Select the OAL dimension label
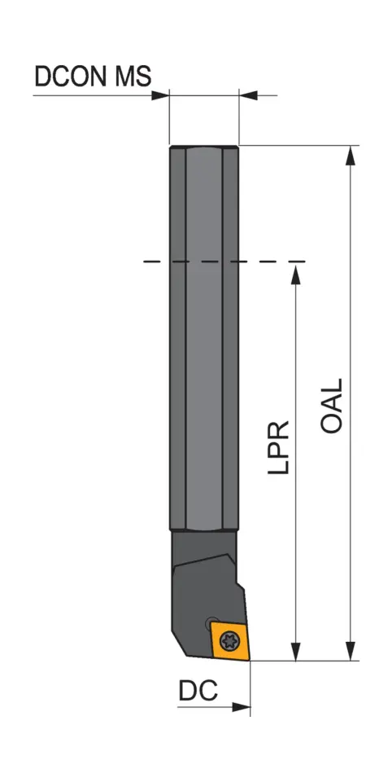(332, 405)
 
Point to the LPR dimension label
(278, 448)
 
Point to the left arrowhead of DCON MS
(159, 95)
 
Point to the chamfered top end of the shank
(203, 147)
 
